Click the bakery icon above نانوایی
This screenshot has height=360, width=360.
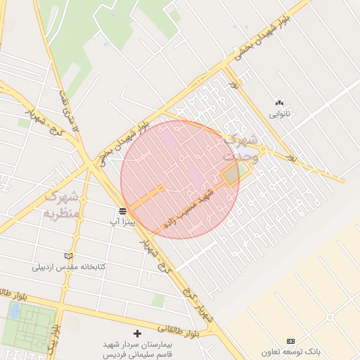[x=279, y=103]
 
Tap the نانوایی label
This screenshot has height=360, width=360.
[x=279, y=113]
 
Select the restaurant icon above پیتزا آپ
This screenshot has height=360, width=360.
[x=122, y=210]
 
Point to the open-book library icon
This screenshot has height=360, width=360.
[x=68, y=256]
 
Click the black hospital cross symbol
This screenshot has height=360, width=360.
[x=137, y=333]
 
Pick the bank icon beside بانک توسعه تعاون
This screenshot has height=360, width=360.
[x=290, y=341]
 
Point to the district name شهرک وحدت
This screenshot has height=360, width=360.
[x=243, y=148]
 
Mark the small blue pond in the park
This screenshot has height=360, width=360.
[x=15, y=310]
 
